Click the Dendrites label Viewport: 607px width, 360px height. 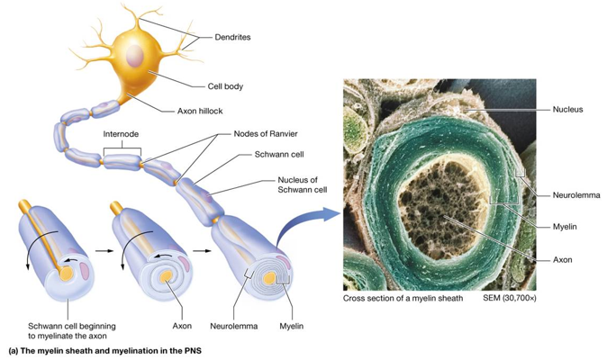[x=232, y=37]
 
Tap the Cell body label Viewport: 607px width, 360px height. [x=225, y=86]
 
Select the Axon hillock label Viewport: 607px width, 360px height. [x=200, y=111]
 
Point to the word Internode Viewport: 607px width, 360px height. [x=121, y=134]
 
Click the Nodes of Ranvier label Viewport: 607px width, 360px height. [x=266, y=134]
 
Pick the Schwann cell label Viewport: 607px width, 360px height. [x=279, y=154]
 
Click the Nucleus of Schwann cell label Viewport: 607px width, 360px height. [x=303, y=184]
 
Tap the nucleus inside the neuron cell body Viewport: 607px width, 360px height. [x=135, y=55]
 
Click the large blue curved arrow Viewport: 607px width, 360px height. [x=302, y=225]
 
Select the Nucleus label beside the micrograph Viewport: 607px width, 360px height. [x=567, y=110]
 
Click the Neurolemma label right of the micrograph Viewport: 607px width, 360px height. [x=576, y=195]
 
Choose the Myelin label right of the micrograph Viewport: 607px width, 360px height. [x=565, y=227]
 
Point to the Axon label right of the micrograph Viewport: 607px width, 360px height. [x=563, y=260]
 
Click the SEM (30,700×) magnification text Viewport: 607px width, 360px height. [x=510, y=298]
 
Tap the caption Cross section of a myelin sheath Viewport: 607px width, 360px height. [x=403, y=298]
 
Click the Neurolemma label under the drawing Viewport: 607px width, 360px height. [x=234, y=326]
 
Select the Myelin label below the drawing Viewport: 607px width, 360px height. [x=292, y=326]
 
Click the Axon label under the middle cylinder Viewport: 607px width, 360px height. [x=182, y=326]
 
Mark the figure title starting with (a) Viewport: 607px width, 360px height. [x=104, y=351]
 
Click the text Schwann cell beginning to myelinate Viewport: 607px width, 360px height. [x=72, y=330]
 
